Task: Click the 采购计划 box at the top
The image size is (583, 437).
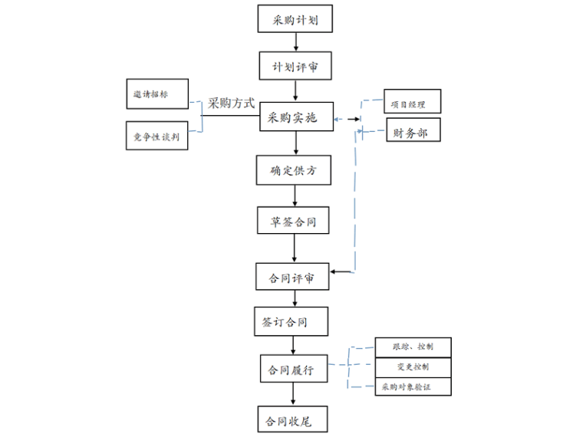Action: tap(295, 18)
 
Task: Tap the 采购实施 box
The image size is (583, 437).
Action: tap(295, 119)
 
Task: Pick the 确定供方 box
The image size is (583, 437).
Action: tap(295, 170)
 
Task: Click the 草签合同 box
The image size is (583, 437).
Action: tap(295, 222)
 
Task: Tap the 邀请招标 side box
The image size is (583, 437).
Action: tap(157, 94)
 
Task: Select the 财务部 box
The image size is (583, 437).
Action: tap(412, 133)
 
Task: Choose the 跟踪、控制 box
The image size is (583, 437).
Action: tap(413, 347)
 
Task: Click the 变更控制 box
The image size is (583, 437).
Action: tap(413, 366)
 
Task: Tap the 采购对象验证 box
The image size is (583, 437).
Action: tap(413, 386)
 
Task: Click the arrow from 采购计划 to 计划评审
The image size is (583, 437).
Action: tap(295, 41)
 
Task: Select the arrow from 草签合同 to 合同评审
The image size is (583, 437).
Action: tap(295, 248)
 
